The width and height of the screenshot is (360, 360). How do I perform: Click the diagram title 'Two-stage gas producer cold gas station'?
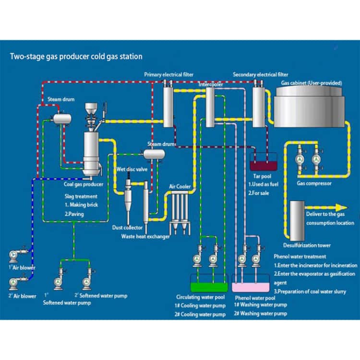(76, 57)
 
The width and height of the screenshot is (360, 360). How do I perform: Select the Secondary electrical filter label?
(261, 75)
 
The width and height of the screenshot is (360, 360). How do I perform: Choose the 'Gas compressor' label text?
(314, 183)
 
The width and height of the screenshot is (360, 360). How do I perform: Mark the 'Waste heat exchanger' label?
(145, 236)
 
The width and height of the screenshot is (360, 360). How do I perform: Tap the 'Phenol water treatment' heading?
(300, 256)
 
